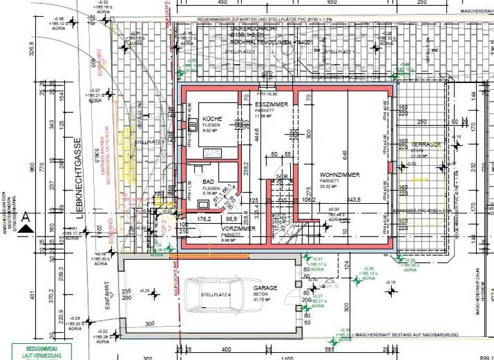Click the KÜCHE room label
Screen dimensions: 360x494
212,120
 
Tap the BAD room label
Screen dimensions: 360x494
208,183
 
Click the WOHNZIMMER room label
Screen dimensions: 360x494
340,174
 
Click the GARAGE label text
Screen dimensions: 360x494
265,289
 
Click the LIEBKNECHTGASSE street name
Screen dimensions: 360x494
75,179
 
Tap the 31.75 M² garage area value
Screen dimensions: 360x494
265,300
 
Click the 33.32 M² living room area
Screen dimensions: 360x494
339,186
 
